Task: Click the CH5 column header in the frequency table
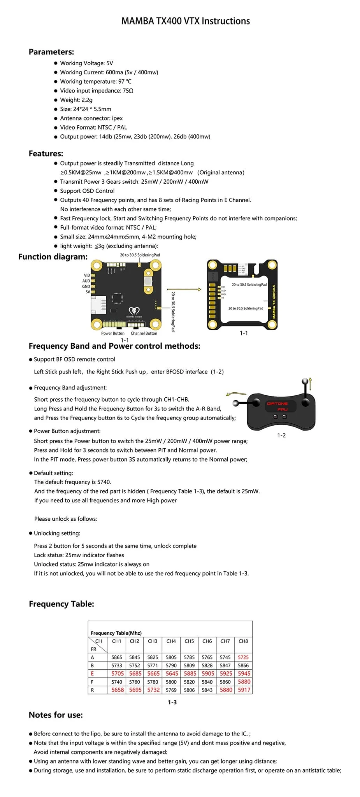(x=189, y=641)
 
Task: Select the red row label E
(x=92, y=673)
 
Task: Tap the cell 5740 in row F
(x=117, y=682)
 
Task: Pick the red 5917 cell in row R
(x=244, y=690)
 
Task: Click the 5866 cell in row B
(x=243, y=665)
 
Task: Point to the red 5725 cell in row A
(x=243, y=657)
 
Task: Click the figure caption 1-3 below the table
(x=172, y=702)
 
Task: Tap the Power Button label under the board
(x=113, y=333)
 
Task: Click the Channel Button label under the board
(x=144, y=333)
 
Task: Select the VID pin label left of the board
(x=87, y=275)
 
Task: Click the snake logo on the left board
(x=134, y=311)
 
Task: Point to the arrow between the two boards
(x=190, y=290)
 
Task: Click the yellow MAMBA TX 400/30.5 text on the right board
(x=274, y=302)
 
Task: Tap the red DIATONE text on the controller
(x=277, y=404)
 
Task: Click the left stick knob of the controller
(x=235, y=403)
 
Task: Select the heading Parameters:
(x=51, y=52)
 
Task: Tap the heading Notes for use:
(x=56, y=715)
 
